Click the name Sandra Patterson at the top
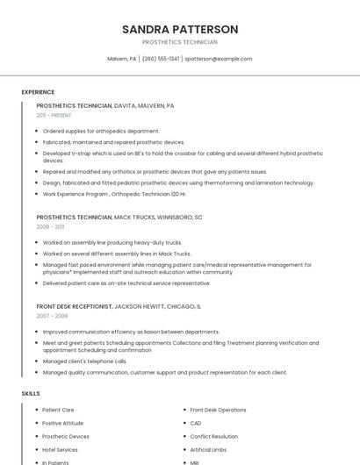point(180,29)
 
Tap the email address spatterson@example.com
point(219,59)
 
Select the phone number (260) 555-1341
point(160,59)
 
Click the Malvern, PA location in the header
point(121,59)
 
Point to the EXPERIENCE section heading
point(38,92)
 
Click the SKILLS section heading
point(31,394)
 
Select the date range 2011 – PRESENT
point(54,115)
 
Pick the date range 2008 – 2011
point(50,226)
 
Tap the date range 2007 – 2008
point(52,316)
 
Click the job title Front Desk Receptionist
point(75,306)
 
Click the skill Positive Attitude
point(63,423)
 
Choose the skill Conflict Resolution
point(213,436)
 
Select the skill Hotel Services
point(60,449)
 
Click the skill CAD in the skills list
point(195,423)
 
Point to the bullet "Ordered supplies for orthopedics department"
point(100,131)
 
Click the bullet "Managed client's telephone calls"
point(84,361)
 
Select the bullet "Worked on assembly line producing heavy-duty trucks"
point(112,242)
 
